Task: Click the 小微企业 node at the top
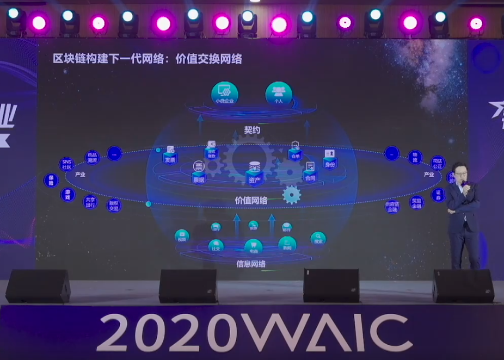(x=225, y=93)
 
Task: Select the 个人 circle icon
(x=278, y=93)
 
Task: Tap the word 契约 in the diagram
(x=253, y=131)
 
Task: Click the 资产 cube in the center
(x=254, y=171)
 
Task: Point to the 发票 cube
(x=170, y=156)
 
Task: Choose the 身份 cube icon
(x=330, y=159)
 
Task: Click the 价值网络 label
(x=251, y=201)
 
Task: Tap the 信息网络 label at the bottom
(x=251, y=264)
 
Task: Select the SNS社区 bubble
(x=66, y=164)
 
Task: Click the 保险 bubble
(x=51, y=180)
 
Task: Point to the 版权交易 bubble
(x=114, y=205)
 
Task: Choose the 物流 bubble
(x=415, y=157)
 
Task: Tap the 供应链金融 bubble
(x=392, y=206)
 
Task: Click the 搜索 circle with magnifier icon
(x=318, y=238)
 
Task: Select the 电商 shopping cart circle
(x=254, y=247)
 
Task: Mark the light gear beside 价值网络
(x=292, y=195)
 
